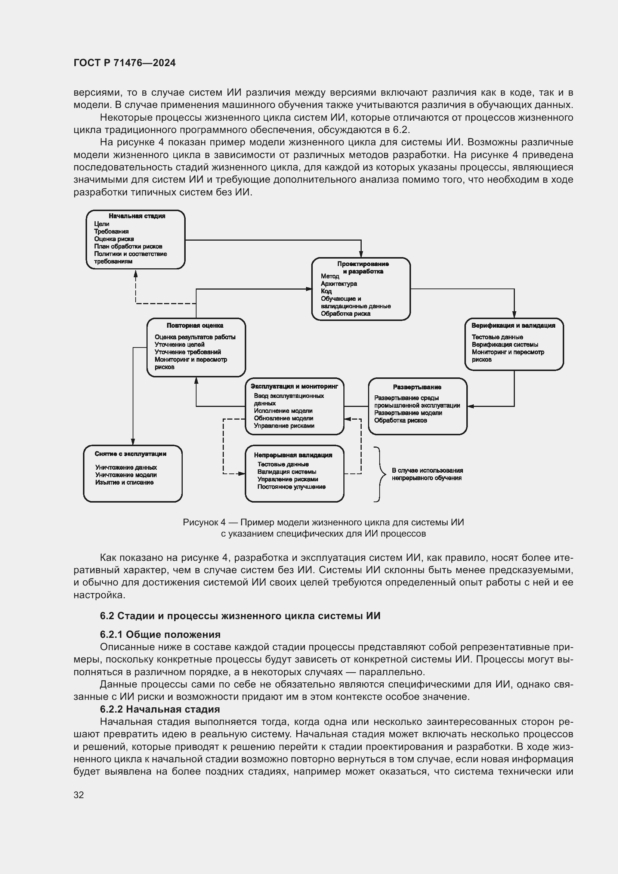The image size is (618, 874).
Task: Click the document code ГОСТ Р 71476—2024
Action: (x=124, y=63)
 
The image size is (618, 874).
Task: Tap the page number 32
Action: (x=78, y=795)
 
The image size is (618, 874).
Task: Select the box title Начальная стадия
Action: (x=137, y=216)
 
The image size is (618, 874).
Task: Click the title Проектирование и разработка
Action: (x=363, y=267)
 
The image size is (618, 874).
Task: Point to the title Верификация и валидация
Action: (x=513, y=325)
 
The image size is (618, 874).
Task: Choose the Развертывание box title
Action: (x=417, y=387)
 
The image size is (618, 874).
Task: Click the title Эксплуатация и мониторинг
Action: (x=294, y=386)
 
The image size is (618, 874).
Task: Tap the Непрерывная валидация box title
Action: (x=293, y=455)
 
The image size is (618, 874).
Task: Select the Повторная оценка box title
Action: (x=195, y=325)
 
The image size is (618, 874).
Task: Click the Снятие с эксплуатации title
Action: (x=130, y=454)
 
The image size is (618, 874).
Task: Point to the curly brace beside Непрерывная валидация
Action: (x=378, y=474)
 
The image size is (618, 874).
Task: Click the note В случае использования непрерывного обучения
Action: (x=427, y=474)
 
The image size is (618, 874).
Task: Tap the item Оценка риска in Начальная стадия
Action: (x=114, y=239)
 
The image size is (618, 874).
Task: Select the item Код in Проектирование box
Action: (x=326, y=291)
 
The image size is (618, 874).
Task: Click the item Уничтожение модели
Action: (x=126, y=475)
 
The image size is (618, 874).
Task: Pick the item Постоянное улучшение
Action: (x=291, y=487)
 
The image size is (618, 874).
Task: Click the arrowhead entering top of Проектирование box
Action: (x=361, y=254)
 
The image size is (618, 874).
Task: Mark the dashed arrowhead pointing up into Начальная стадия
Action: (x=136, y=274)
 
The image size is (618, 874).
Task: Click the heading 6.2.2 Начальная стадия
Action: (x=160, y=709)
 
